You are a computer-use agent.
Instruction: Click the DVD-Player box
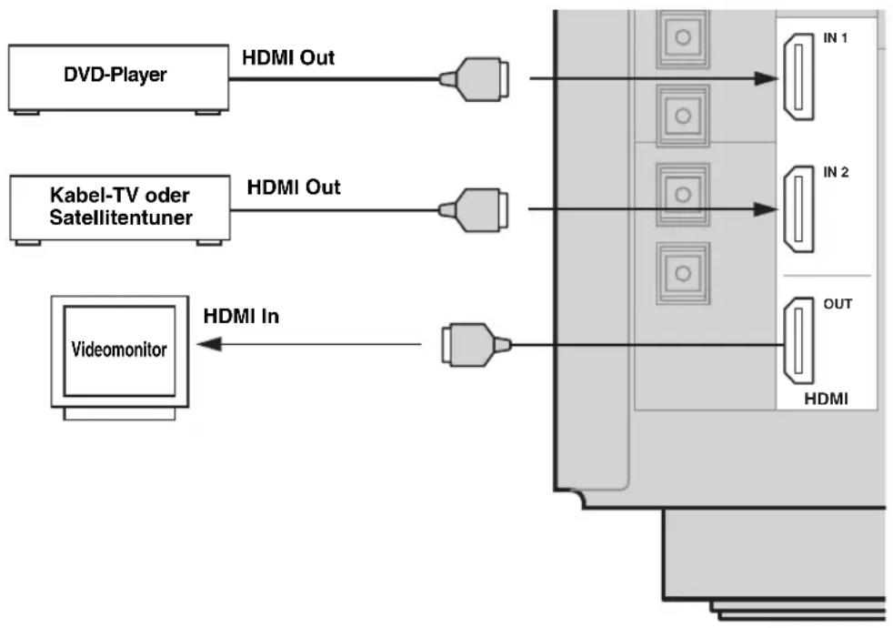click(118, 78)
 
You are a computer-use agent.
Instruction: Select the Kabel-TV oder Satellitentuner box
click(120, 208)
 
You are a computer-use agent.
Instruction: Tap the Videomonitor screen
click(120, 350)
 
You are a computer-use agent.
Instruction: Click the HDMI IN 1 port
click(798, 77)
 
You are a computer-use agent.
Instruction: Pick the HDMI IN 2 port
click(798, 209)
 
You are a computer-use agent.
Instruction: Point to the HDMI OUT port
click(798, 340)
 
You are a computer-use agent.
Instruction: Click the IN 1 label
click(836, 38)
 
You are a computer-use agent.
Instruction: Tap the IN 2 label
click(836, 172)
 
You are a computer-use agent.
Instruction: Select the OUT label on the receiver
click(838, 304)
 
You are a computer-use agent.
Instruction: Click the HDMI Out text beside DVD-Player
click(288, 57)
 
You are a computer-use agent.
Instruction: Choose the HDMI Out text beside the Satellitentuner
click(294, 187)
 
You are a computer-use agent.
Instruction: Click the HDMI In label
click(242, 317)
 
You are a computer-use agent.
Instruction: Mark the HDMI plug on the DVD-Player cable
click(474, 79)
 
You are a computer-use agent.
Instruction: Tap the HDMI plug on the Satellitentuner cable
click(473, 210)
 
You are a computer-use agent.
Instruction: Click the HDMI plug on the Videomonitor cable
click(477, 345)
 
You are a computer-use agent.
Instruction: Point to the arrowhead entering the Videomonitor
click(209, 344)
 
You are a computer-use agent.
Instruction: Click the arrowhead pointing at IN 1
click(766, 78)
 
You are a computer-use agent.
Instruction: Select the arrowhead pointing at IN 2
click(766, 209)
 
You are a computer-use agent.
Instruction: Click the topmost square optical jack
click(682, 38)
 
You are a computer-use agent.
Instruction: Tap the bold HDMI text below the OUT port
click(826, 399)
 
